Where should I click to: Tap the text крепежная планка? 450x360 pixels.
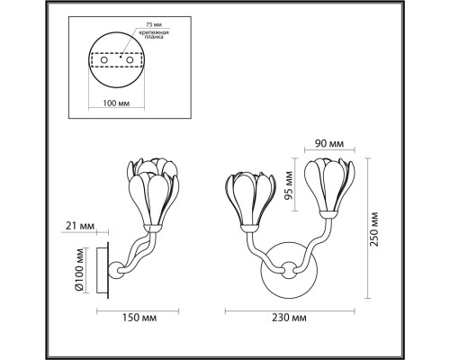154,34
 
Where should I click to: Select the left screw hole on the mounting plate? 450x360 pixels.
104,60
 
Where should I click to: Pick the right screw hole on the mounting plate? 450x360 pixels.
130,60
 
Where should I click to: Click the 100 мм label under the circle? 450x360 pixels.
116,103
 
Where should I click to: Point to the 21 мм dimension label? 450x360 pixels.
80,226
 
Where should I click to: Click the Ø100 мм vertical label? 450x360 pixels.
79,269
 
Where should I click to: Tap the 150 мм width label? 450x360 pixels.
139,318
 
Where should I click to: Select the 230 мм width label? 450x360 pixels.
289,318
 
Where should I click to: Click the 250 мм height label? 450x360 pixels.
374,229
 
